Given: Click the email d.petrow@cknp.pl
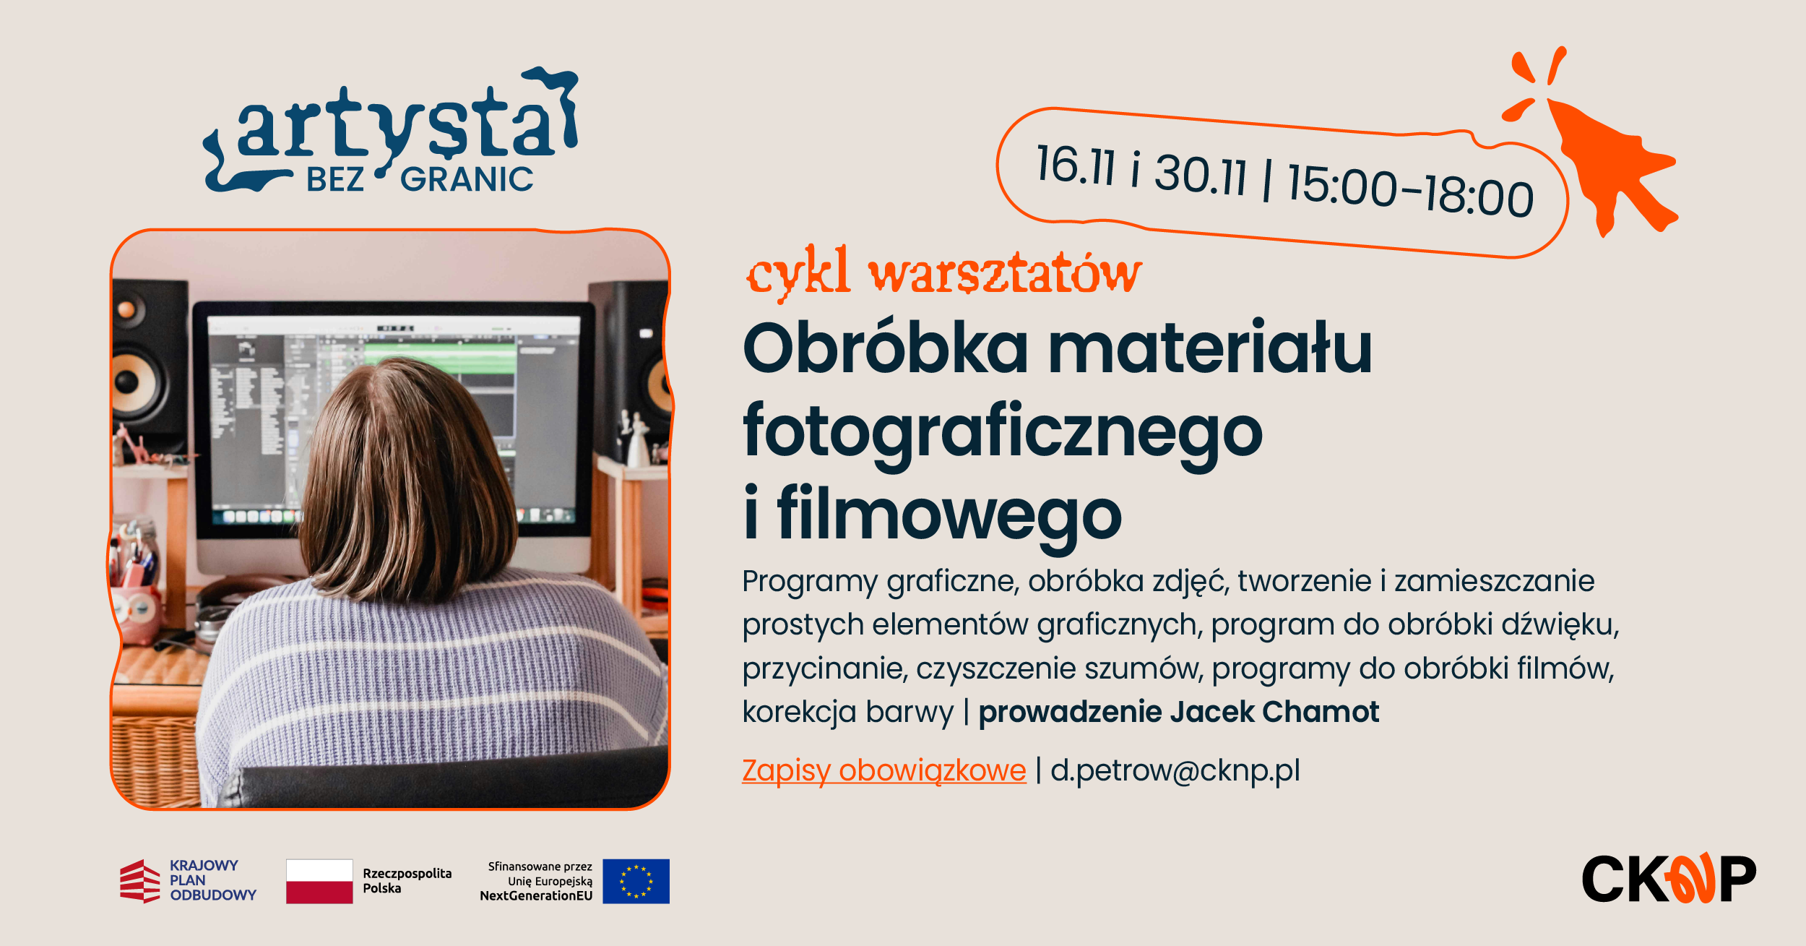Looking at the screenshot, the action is pos(1175,770).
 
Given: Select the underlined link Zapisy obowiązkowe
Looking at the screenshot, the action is pos(884,771).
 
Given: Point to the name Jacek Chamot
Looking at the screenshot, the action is pos(1274,712).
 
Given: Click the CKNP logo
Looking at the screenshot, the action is pos(1669,878).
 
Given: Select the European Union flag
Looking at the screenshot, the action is pos(636,881).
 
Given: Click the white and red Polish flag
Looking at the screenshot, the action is pos(319,881).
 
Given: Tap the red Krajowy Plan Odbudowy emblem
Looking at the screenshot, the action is pos(140,881).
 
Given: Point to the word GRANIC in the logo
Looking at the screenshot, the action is pos(467,179).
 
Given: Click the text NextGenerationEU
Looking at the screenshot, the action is pos(536,896).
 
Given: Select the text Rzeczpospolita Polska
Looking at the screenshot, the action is pos(407,881).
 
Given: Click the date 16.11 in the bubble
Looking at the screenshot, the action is pos(1076,165).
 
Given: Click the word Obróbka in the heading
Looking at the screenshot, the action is pos(886,348).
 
